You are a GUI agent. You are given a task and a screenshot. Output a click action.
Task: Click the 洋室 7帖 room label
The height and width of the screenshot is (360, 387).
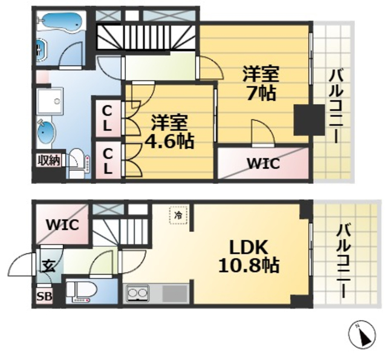pyautogui.click(x=261, y=84)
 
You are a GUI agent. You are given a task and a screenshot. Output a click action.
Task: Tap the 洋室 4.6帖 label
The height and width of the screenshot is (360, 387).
pyautogui.click(x=169, y=131)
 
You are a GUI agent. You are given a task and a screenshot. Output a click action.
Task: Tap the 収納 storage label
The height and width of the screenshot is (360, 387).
pyautogui.click(x=48, y=160)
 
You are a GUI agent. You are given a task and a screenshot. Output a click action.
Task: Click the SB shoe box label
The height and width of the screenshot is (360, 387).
pyautogui.click(x=44, y=296)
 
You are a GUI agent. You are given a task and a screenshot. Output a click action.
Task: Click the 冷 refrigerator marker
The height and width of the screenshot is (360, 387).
pyautogui.click(x=178, y=215)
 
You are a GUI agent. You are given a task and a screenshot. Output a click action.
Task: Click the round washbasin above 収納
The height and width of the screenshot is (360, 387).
pyautogui.click(x=45, y=130)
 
